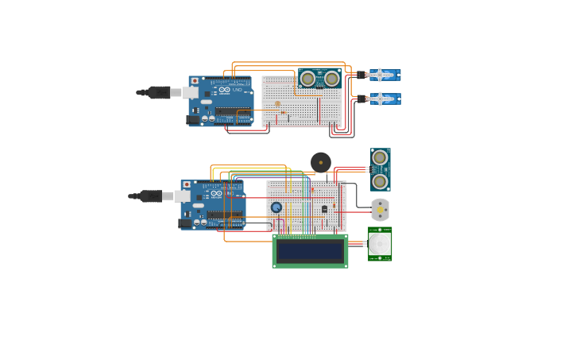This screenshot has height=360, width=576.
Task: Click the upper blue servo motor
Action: point(384,75)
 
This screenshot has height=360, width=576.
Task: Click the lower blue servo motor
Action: point(384,99)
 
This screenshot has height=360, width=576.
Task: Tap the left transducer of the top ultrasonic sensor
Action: point(307,79)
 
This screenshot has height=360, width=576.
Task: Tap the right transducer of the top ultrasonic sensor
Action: point(331,79)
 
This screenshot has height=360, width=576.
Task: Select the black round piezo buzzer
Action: point(321,162)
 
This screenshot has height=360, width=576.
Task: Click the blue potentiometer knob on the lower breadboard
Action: point(276,207)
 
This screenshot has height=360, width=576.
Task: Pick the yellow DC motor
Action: point(381,209)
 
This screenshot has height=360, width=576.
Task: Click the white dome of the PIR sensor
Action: point(381,244)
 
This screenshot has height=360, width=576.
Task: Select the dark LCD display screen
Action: point(310,251)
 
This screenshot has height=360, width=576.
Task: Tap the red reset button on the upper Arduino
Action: point(195,80)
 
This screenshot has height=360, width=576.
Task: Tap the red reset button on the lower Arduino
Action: point(187,184)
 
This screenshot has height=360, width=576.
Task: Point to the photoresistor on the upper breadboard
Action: point(277,103)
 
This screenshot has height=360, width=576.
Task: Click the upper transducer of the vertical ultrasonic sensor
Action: point(380,157)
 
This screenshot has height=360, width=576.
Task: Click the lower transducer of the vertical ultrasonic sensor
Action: point(380,181)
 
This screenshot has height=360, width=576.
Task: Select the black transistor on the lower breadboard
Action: point(324,209)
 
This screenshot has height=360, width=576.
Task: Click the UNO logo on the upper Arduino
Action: point(236,91)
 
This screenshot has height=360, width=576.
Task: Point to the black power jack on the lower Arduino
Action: point(185,223)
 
